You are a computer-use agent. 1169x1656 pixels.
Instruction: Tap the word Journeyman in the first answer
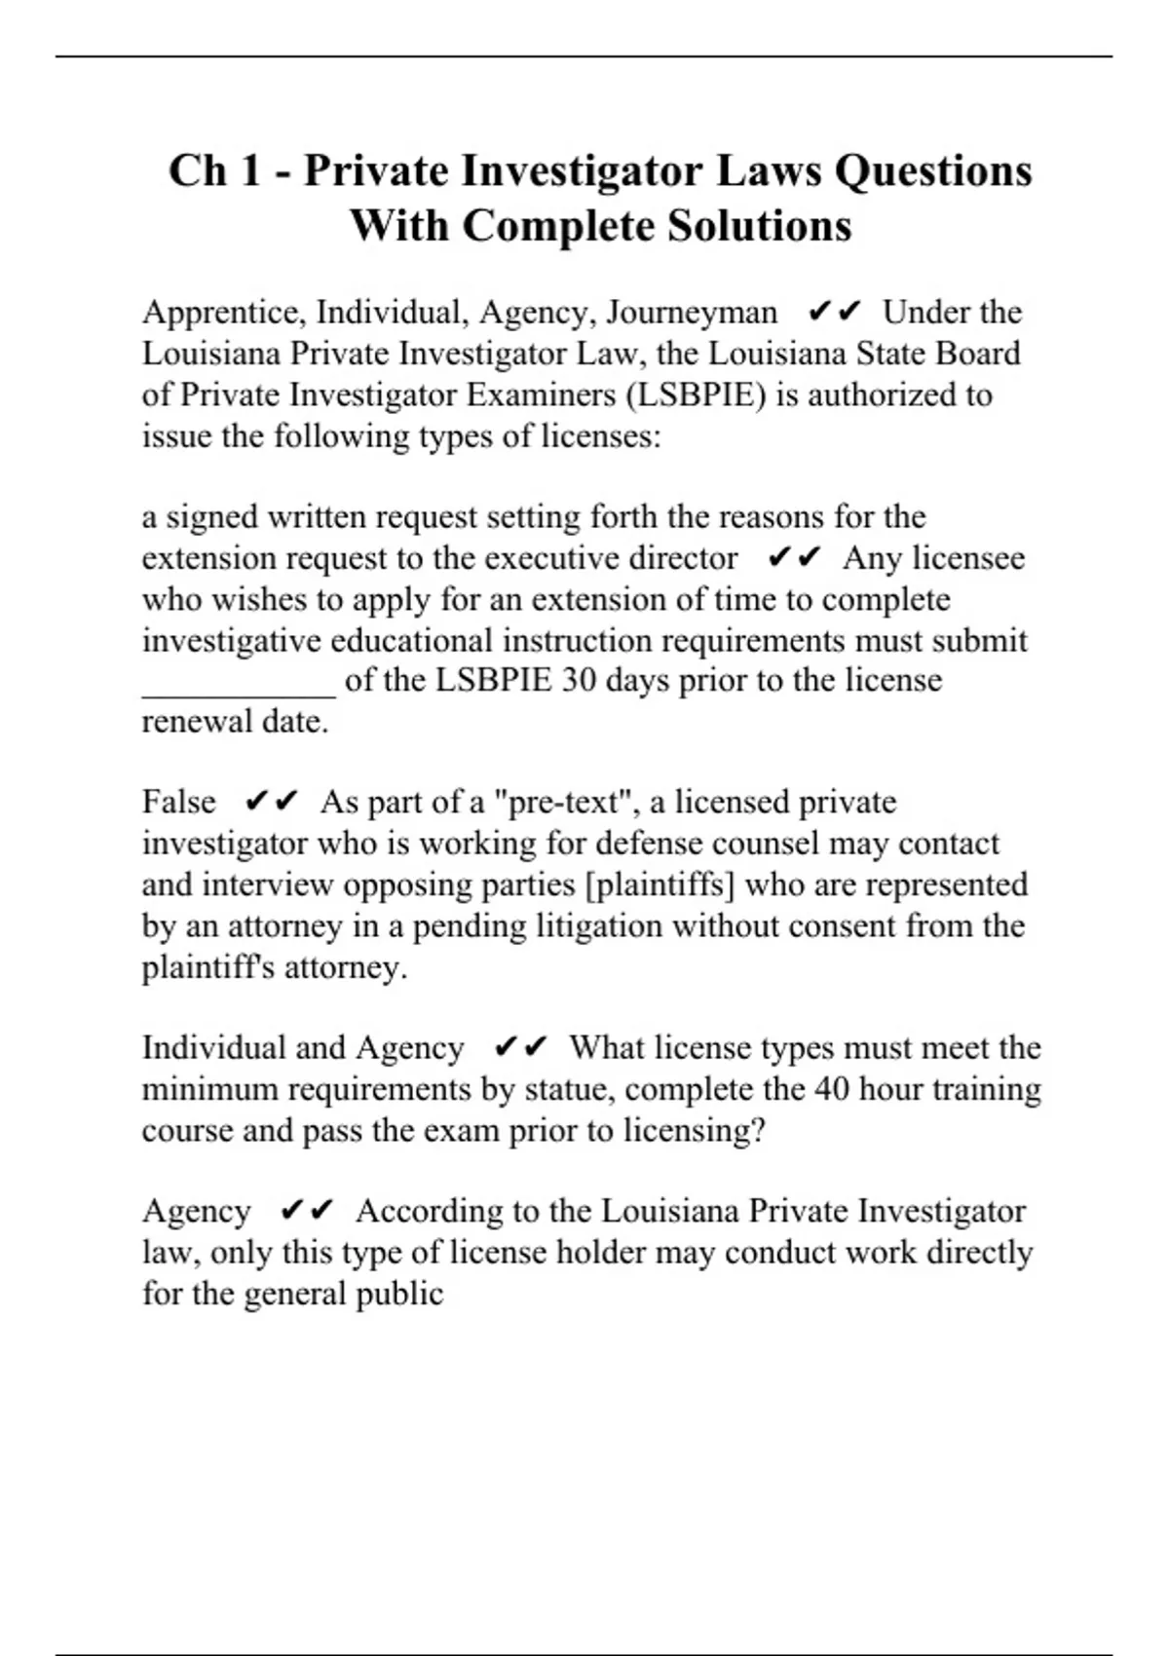692,313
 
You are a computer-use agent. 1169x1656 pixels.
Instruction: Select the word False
179,803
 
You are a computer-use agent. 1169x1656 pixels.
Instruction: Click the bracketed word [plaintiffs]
660,884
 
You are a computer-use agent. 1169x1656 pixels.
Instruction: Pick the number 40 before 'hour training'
831,1089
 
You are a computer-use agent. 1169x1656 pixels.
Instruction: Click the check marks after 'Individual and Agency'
521,1048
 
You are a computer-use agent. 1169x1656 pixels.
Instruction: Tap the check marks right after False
271,803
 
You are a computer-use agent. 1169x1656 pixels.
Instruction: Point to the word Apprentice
224,313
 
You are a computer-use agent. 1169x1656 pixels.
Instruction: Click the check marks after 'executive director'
794,558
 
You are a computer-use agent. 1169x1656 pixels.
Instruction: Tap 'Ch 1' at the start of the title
214,171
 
